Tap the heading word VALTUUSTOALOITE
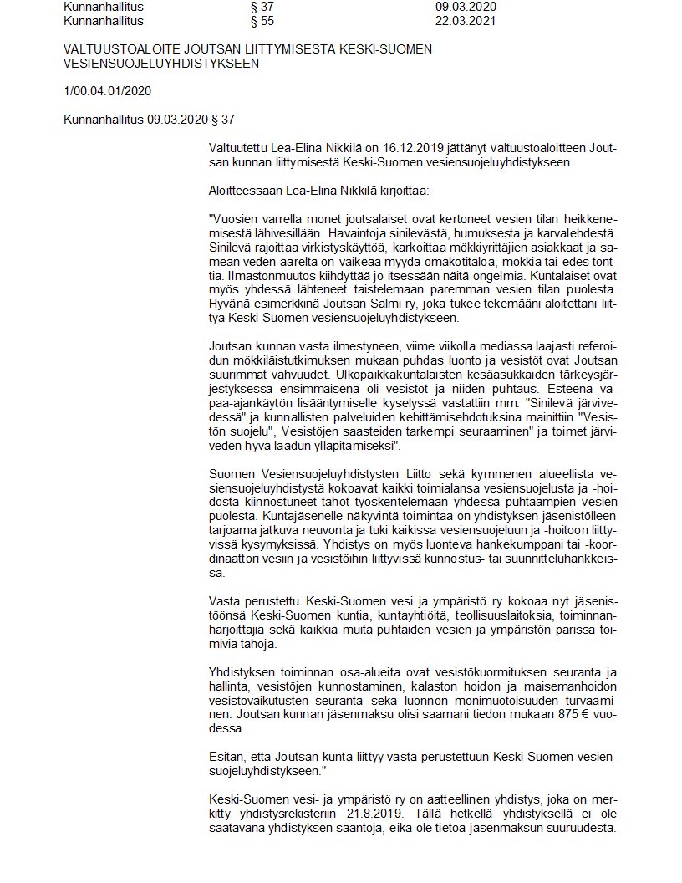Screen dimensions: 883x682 [120, 49]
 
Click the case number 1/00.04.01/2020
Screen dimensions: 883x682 [107, 91]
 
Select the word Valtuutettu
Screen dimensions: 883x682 [241, 148]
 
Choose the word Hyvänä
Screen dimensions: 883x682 [231, 305]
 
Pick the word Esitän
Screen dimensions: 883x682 [227, 756]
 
